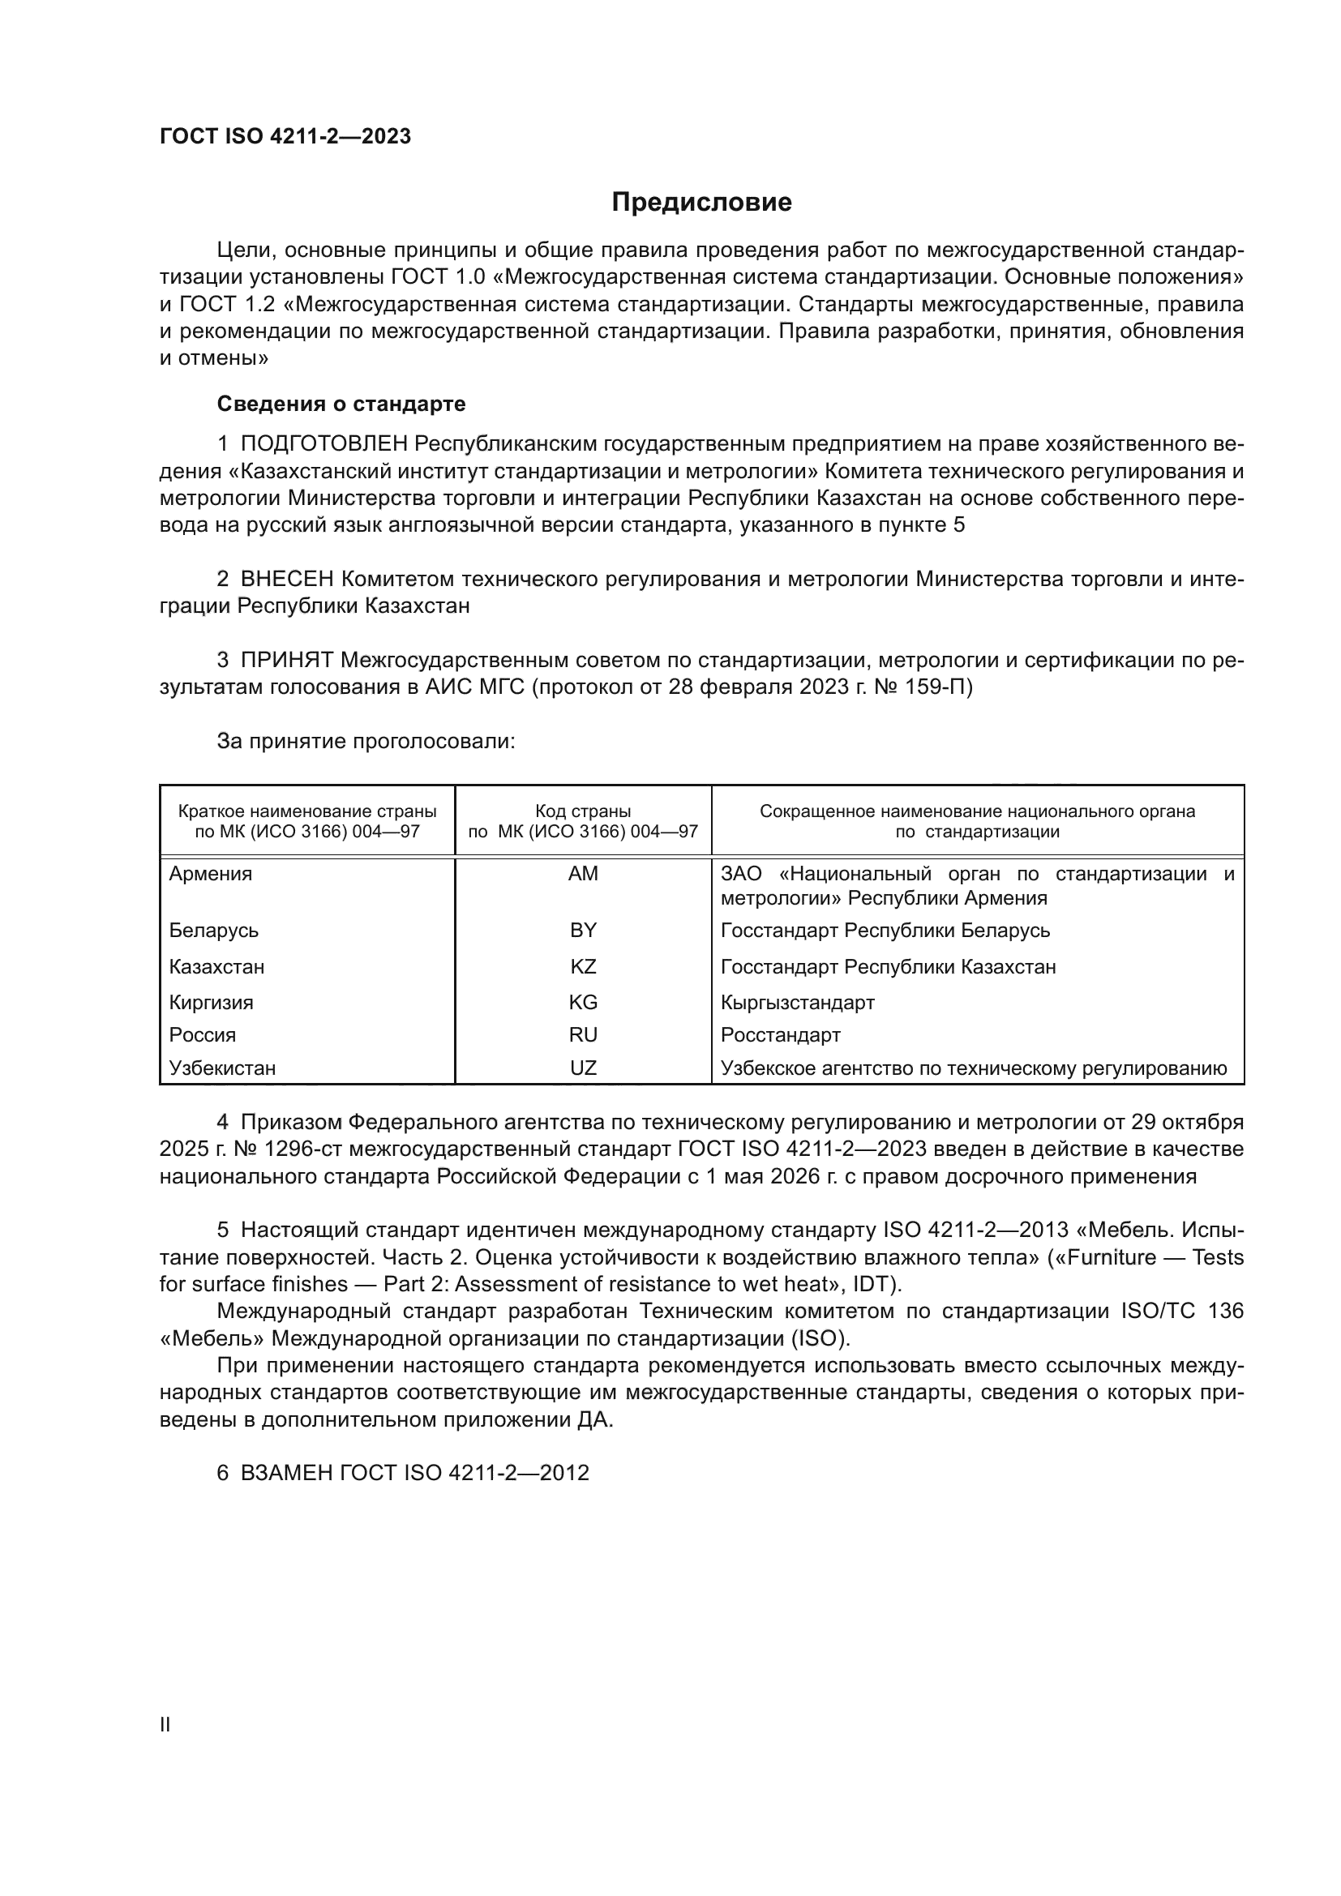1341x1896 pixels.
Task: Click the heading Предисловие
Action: coord(701,203)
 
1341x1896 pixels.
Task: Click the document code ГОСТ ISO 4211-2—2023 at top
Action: coord(285,137)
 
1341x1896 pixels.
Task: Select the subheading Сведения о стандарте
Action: coord(341,404)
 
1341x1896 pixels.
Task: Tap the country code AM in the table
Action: coord(583,874)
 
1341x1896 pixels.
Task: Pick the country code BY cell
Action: coord(583,930)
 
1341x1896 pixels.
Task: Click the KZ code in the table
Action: coord(583,966)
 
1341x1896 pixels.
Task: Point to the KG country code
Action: coord(583,1003)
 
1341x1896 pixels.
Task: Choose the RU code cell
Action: coord(583,1034)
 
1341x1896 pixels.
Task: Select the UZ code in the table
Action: coord(583,1068)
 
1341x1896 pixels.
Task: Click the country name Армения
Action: coord(211,874)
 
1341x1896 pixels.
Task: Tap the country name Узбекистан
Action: coord(222,1068)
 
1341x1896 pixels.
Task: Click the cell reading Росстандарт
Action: coord(780,1034)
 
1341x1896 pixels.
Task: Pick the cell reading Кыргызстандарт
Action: coord(798,1003)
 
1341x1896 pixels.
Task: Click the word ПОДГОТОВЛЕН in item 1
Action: coord(324,444)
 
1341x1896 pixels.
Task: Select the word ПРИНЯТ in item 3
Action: coord(286,660)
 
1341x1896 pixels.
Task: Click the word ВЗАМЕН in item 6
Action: coord(286,1473)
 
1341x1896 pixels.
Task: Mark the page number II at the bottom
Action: coord(165,1724)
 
